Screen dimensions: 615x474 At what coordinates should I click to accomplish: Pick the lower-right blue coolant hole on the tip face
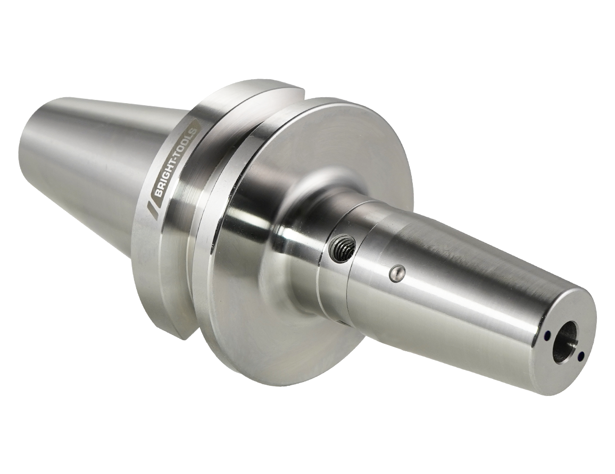point(581,355)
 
